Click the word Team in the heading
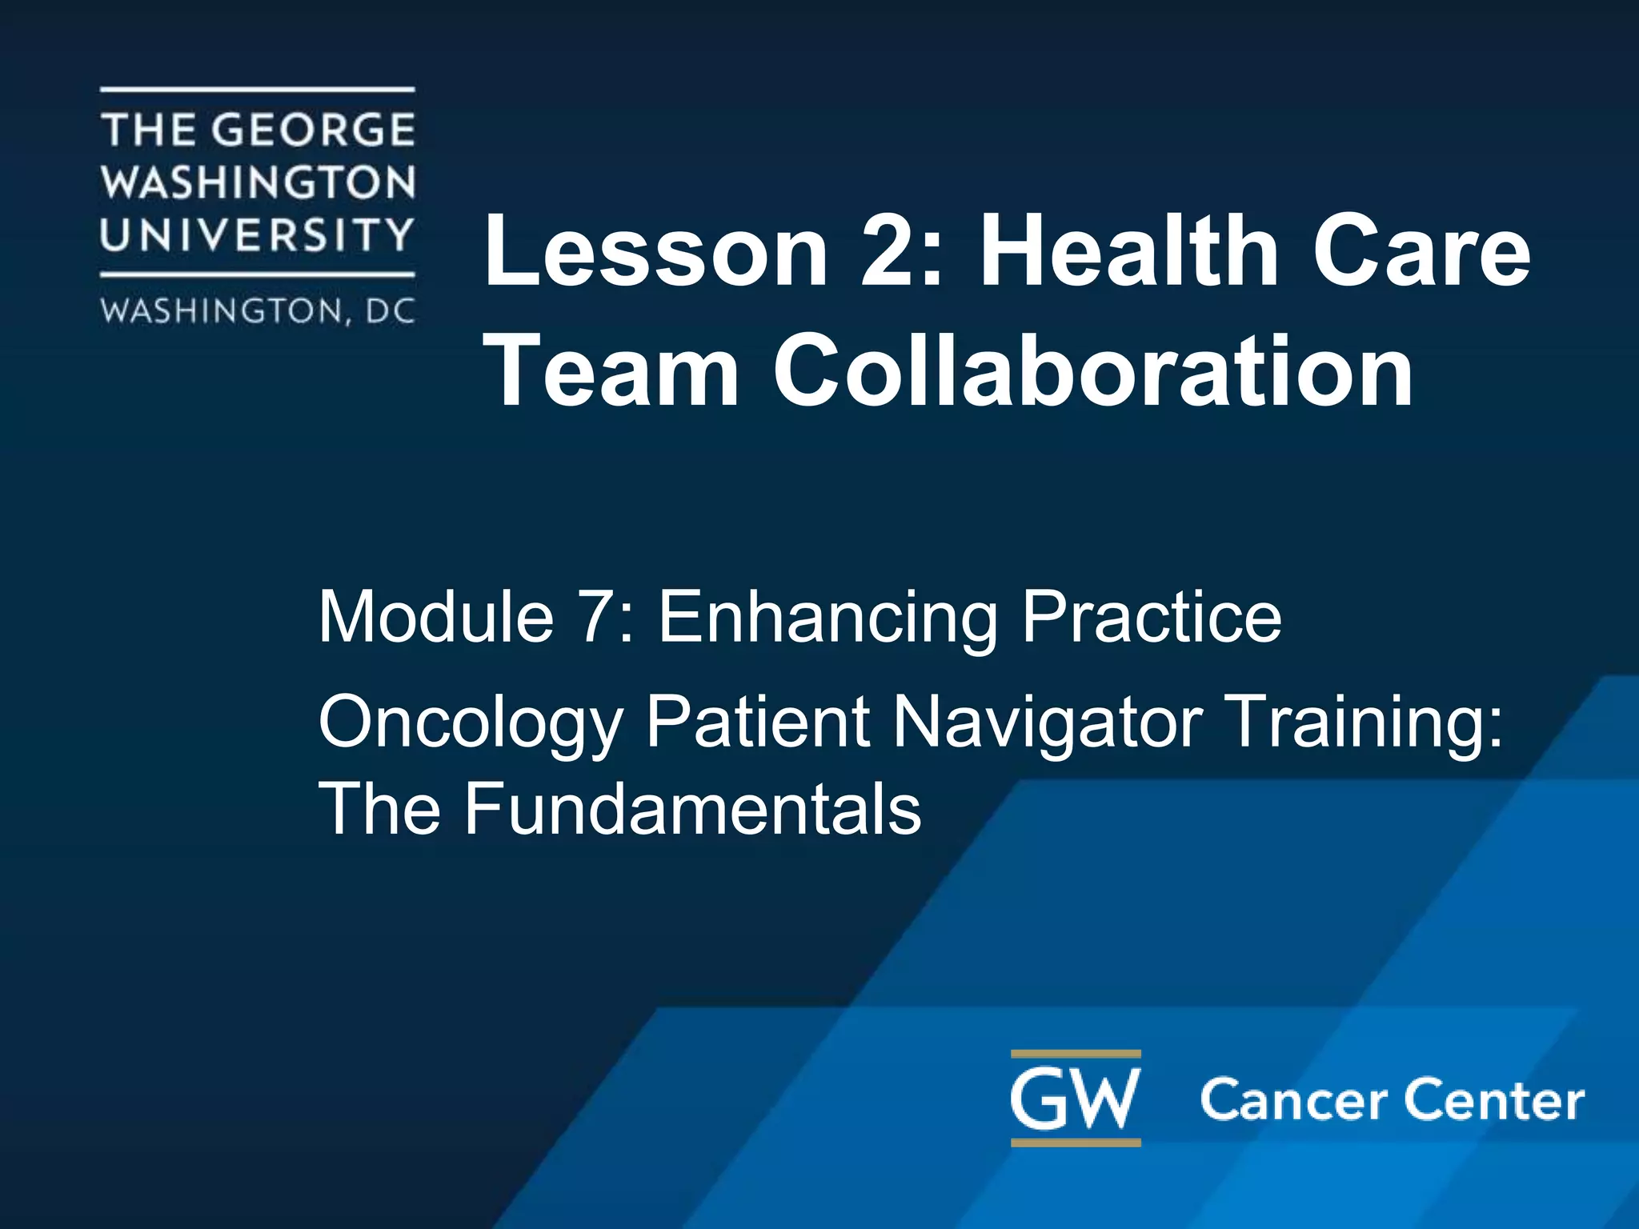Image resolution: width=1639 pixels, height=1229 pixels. [x=612, y=370]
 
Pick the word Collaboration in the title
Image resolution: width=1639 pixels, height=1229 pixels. [x=1092, y=370]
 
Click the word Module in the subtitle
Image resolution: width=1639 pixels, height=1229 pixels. [x=436, y=616]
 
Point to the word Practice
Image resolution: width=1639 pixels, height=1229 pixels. [x=1152, y=616]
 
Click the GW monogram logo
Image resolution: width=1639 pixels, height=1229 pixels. [x=1076, y=1099]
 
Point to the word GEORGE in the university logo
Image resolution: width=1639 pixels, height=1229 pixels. [x=315, y=130]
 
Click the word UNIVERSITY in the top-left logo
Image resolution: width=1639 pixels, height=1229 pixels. [x=257, y=234]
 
